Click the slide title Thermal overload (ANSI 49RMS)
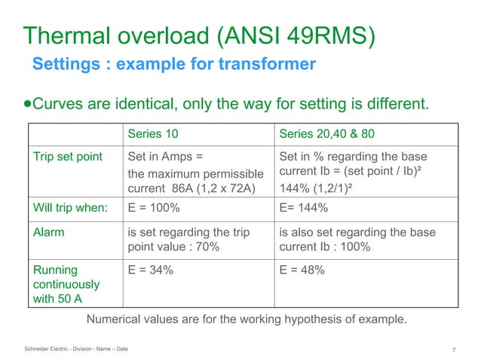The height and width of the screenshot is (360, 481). point(200,35)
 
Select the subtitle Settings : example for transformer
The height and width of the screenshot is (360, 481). point(173,65)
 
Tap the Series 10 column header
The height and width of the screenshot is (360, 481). point(153,134)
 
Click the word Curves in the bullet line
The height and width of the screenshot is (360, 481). point(60,103)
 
